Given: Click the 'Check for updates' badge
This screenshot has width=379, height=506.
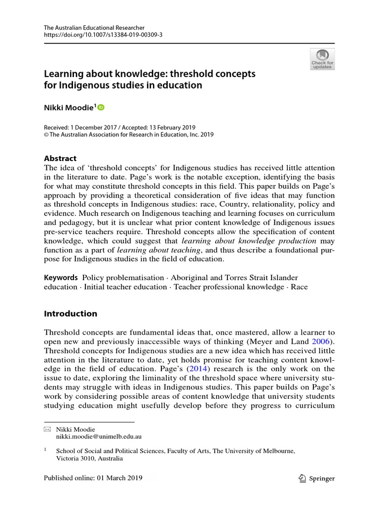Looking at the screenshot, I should (x=322, y=59).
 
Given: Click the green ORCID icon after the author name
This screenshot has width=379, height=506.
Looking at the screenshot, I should (x=101, y=107).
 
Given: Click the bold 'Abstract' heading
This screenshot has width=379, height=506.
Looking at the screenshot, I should (x=60, y=159).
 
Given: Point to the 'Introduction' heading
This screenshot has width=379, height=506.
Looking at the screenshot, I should (x=71, y=314).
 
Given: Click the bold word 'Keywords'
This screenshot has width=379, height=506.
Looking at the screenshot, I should (x=61, y=278).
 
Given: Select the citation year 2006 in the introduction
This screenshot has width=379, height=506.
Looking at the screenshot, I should (x=320, y=341).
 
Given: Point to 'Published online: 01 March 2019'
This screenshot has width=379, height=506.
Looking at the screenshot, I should (x=93, y=478).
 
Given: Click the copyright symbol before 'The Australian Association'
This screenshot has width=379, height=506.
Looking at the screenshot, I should (x=47, y=134).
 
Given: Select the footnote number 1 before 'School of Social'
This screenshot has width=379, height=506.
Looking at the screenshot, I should (x=45, y=450).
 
